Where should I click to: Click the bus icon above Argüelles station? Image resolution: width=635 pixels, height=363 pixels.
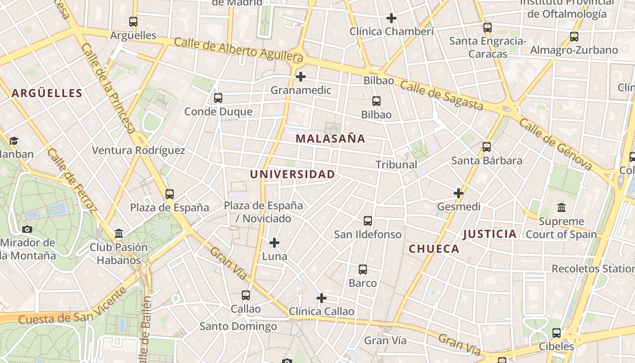tap(133, 21)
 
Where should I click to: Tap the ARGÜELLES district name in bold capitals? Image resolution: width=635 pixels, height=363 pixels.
tap(47, 93)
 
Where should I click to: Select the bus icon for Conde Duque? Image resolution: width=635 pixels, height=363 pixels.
tap(218, 98)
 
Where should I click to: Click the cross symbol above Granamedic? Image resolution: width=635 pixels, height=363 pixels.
tap(301, 77)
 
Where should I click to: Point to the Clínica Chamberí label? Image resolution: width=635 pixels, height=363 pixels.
tap(391, 31)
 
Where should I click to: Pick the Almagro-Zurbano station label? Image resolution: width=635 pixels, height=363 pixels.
tap(574, 50)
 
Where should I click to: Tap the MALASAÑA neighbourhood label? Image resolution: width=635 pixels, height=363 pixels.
tap(330, 139)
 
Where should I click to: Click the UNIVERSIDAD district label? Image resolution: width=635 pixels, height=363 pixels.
tap(293, 174)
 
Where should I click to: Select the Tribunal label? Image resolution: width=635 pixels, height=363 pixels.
tap(396, 165)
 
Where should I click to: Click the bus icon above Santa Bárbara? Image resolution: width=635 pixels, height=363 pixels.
tap(487, 147)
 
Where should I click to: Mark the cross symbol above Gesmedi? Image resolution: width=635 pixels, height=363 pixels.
tap(459, 193)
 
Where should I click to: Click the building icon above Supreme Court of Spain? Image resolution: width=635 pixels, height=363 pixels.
tap(562, 208)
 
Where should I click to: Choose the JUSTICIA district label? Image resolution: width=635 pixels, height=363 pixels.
tap(489, 234)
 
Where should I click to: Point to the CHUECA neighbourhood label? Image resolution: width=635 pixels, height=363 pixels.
tap(434, 249)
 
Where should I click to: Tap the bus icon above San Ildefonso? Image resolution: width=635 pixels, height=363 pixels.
tap(368, 221)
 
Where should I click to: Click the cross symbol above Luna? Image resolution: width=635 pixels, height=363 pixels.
tap(274, 243)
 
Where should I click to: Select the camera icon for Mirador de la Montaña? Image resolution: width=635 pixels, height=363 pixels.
tap(27, 229)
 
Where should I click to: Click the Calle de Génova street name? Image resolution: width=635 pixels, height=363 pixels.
tap(555, 144)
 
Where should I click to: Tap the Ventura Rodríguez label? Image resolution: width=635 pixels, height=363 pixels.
tap(138, 151)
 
